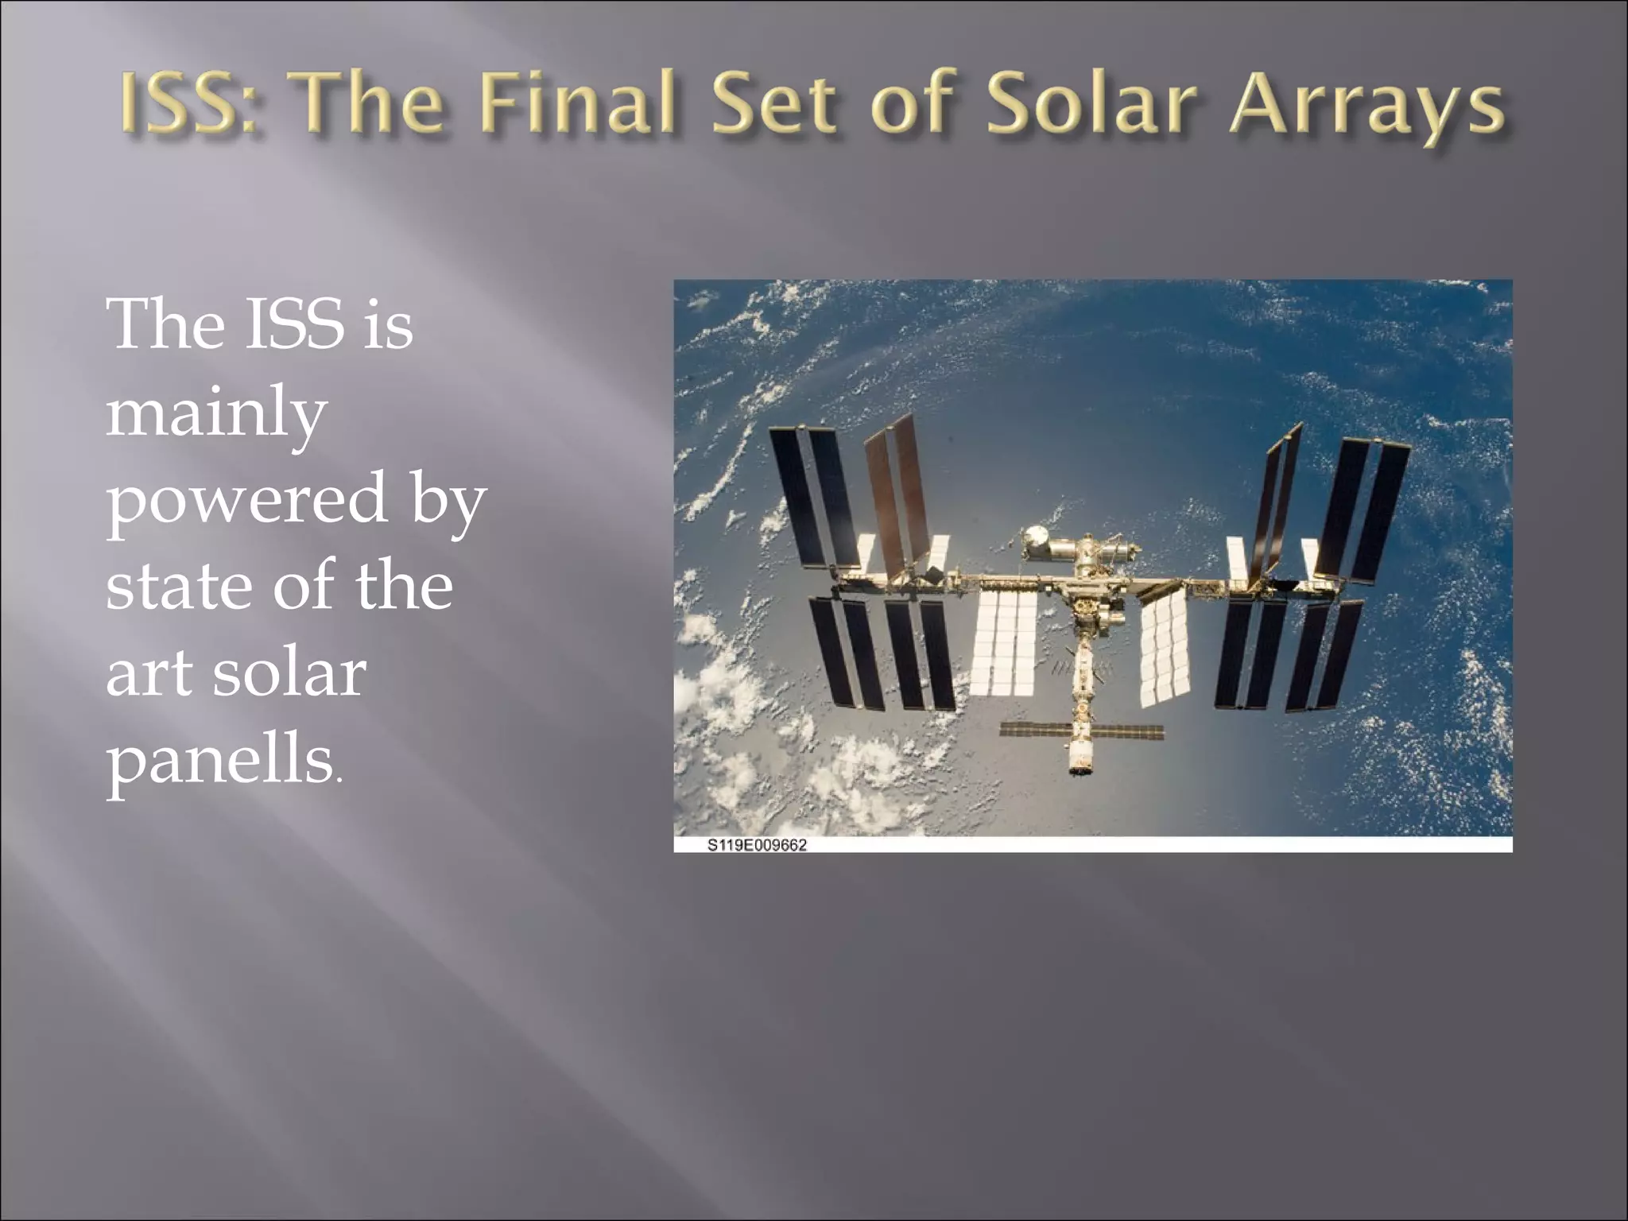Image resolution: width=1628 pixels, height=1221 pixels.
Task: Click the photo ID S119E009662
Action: [x=757, y=845]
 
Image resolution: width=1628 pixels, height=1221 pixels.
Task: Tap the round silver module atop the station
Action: [x=1035, y=537]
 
